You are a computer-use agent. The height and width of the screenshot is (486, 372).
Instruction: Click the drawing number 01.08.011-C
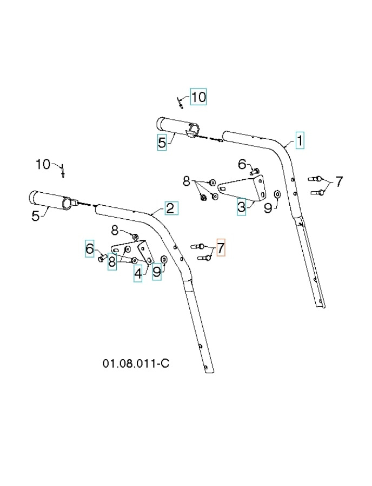point(136,363)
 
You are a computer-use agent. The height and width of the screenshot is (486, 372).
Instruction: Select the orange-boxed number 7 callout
point(220,248)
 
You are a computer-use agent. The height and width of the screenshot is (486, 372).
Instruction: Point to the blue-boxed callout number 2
point(170,208)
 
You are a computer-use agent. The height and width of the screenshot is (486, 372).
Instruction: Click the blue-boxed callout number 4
point(138,273)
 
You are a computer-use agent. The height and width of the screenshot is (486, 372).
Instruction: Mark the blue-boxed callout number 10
point(198,97)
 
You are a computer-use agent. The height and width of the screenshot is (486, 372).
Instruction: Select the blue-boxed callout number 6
point(90,248)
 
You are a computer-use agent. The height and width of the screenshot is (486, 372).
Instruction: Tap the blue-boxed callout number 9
point(157,272)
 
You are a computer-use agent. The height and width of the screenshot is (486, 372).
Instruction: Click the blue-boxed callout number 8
point(112,262)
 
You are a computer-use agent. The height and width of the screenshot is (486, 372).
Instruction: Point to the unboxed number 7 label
point(339,182)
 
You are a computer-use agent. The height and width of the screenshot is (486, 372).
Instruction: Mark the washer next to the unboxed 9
point(277,193)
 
